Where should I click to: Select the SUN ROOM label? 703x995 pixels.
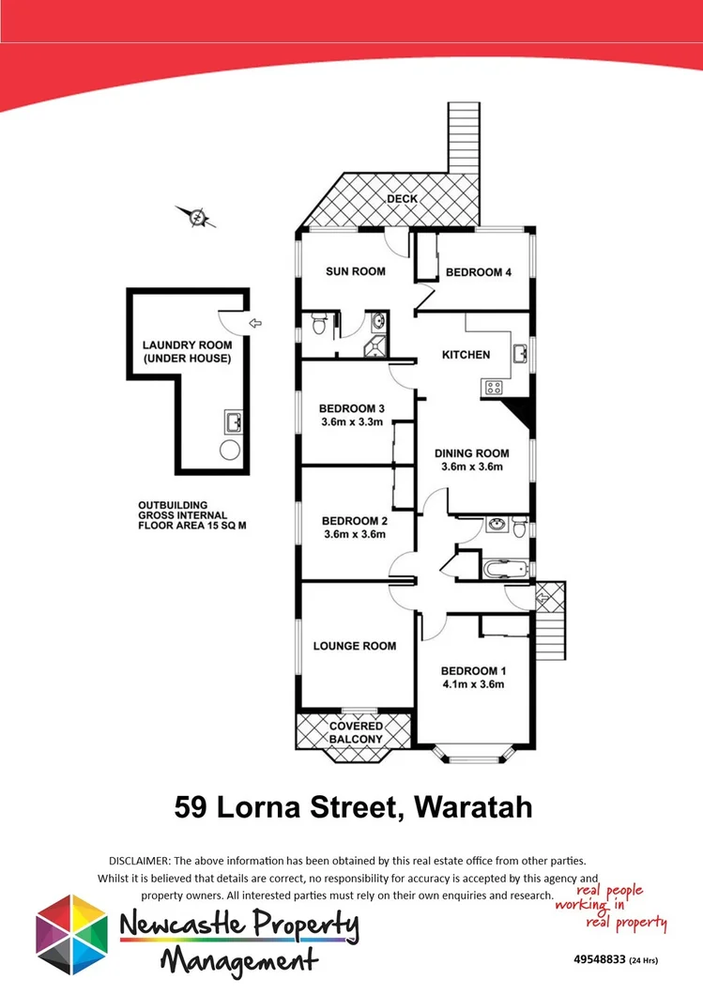[x=355, y=272]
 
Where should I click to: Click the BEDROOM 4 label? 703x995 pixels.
[x=478, y=272]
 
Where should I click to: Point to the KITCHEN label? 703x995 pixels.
[x=466, y=355]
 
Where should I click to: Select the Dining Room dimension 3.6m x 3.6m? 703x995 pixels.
[x=470, y=467]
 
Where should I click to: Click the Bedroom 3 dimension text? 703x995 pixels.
[x=352, y=422]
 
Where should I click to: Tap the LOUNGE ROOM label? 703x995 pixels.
[x=354, y=646]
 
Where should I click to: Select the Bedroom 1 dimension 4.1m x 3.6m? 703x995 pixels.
[x=473, y=684]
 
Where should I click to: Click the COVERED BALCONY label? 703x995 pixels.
[x=356, y=732]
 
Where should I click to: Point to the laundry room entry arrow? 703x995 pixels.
[x=256, y=324]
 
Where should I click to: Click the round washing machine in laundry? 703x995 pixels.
[x=230, y=450]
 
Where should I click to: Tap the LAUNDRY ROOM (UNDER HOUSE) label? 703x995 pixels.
[x=187, y=352]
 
